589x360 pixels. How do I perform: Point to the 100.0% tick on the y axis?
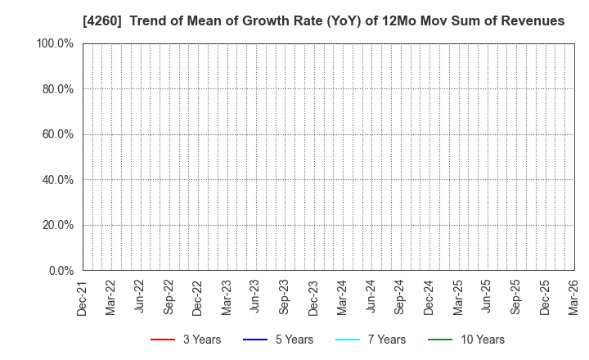55,43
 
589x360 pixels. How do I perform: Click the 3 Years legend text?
202,340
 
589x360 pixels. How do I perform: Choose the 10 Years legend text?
483,340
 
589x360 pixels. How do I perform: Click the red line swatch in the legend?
163,340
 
